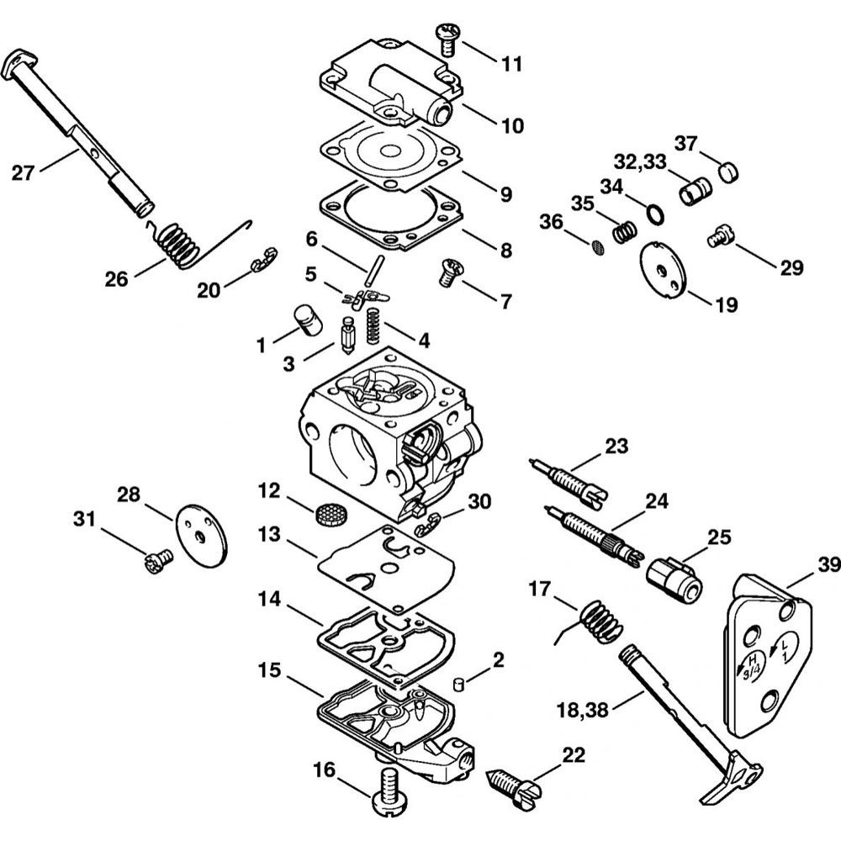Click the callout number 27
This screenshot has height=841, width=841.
click(23, 173)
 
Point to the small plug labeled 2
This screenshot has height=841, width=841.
click(458, 685)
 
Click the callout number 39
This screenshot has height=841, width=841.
click(828, 565)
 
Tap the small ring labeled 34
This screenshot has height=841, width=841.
click(655, 214)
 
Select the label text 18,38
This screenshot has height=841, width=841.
click(583, 711)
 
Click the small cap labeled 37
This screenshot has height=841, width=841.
click(728, 172)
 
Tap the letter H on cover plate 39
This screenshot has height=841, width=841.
click(753, 658)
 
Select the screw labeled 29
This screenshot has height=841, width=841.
click(721, 236)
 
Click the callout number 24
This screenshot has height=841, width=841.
click(657, 500)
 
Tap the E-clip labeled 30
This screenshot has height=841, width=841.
click(428, 525)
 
